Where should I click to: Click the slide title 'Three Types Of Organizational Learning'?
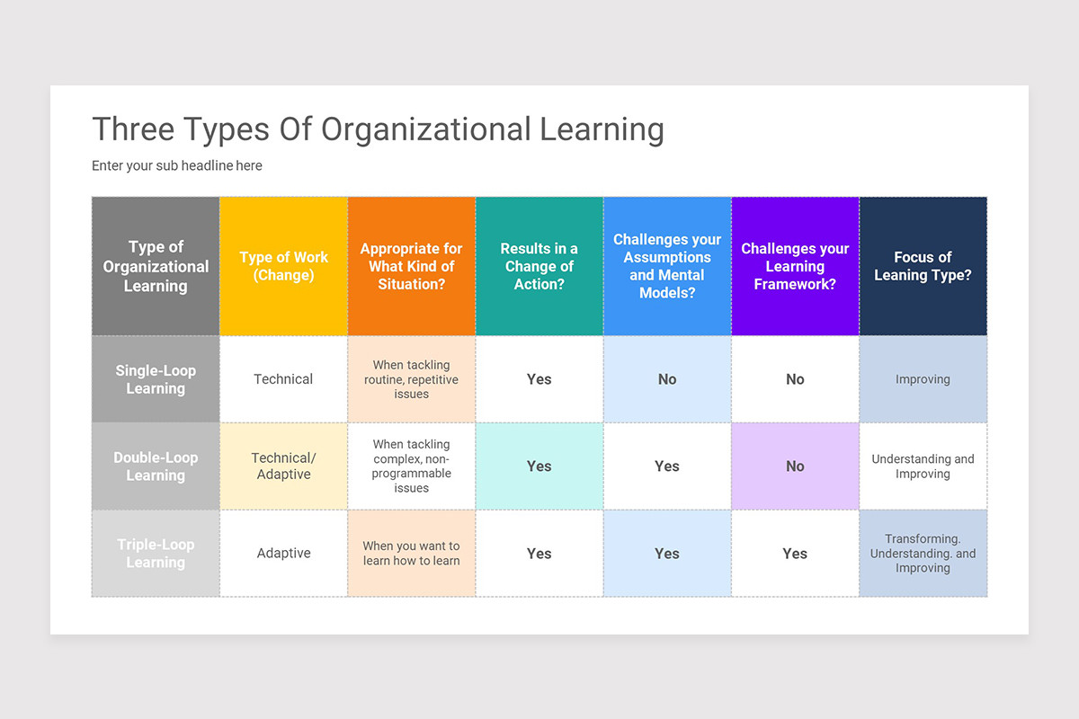(x=378, y=129)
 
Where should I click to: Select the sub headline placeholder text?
(x=177, y=165)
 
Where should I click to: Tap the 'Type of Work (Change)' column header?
(x=283, y=266)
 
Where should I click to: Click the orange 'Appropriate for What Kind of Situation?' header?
(x=411, y=266)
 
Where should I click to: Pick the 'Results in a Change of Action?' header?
(x=539, y=266)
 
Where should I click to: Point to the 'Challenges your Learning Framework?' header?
(x=795, y=266)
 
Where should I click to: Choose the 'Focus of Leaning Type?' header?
(x=923, y=266)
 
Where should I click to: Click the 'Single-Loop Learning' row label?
(x=156, y=379)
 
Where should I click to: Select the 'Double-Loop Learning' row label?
(x=156, y=466)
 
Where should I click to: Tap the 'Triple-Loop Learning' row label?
(x=156, y=554)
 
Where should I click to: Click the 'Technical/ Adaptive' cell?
(x=283, y=466)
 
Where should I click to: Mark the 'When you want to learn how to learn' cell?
(x=411, y=554)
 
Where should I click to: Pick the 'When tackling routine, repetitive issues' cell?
(x=411, y=379)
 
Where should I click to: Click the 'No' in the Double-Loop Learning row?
(x=795, y=466)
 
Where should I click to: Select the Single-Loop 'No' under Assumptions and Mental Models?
(x=667, y=379)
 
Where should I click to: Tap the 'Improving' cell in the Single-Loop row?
(x=923, y=379)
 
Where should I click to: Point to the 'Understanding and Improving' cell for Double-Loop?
(x=923, y=466)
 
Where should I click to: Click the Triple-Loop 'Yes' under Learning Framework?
(x=795, y=554)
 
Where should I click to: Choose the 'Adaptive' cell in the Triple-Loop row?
(x=283, y=554)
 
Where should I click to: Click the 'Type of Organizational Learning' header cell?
(x=156, y=266)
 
